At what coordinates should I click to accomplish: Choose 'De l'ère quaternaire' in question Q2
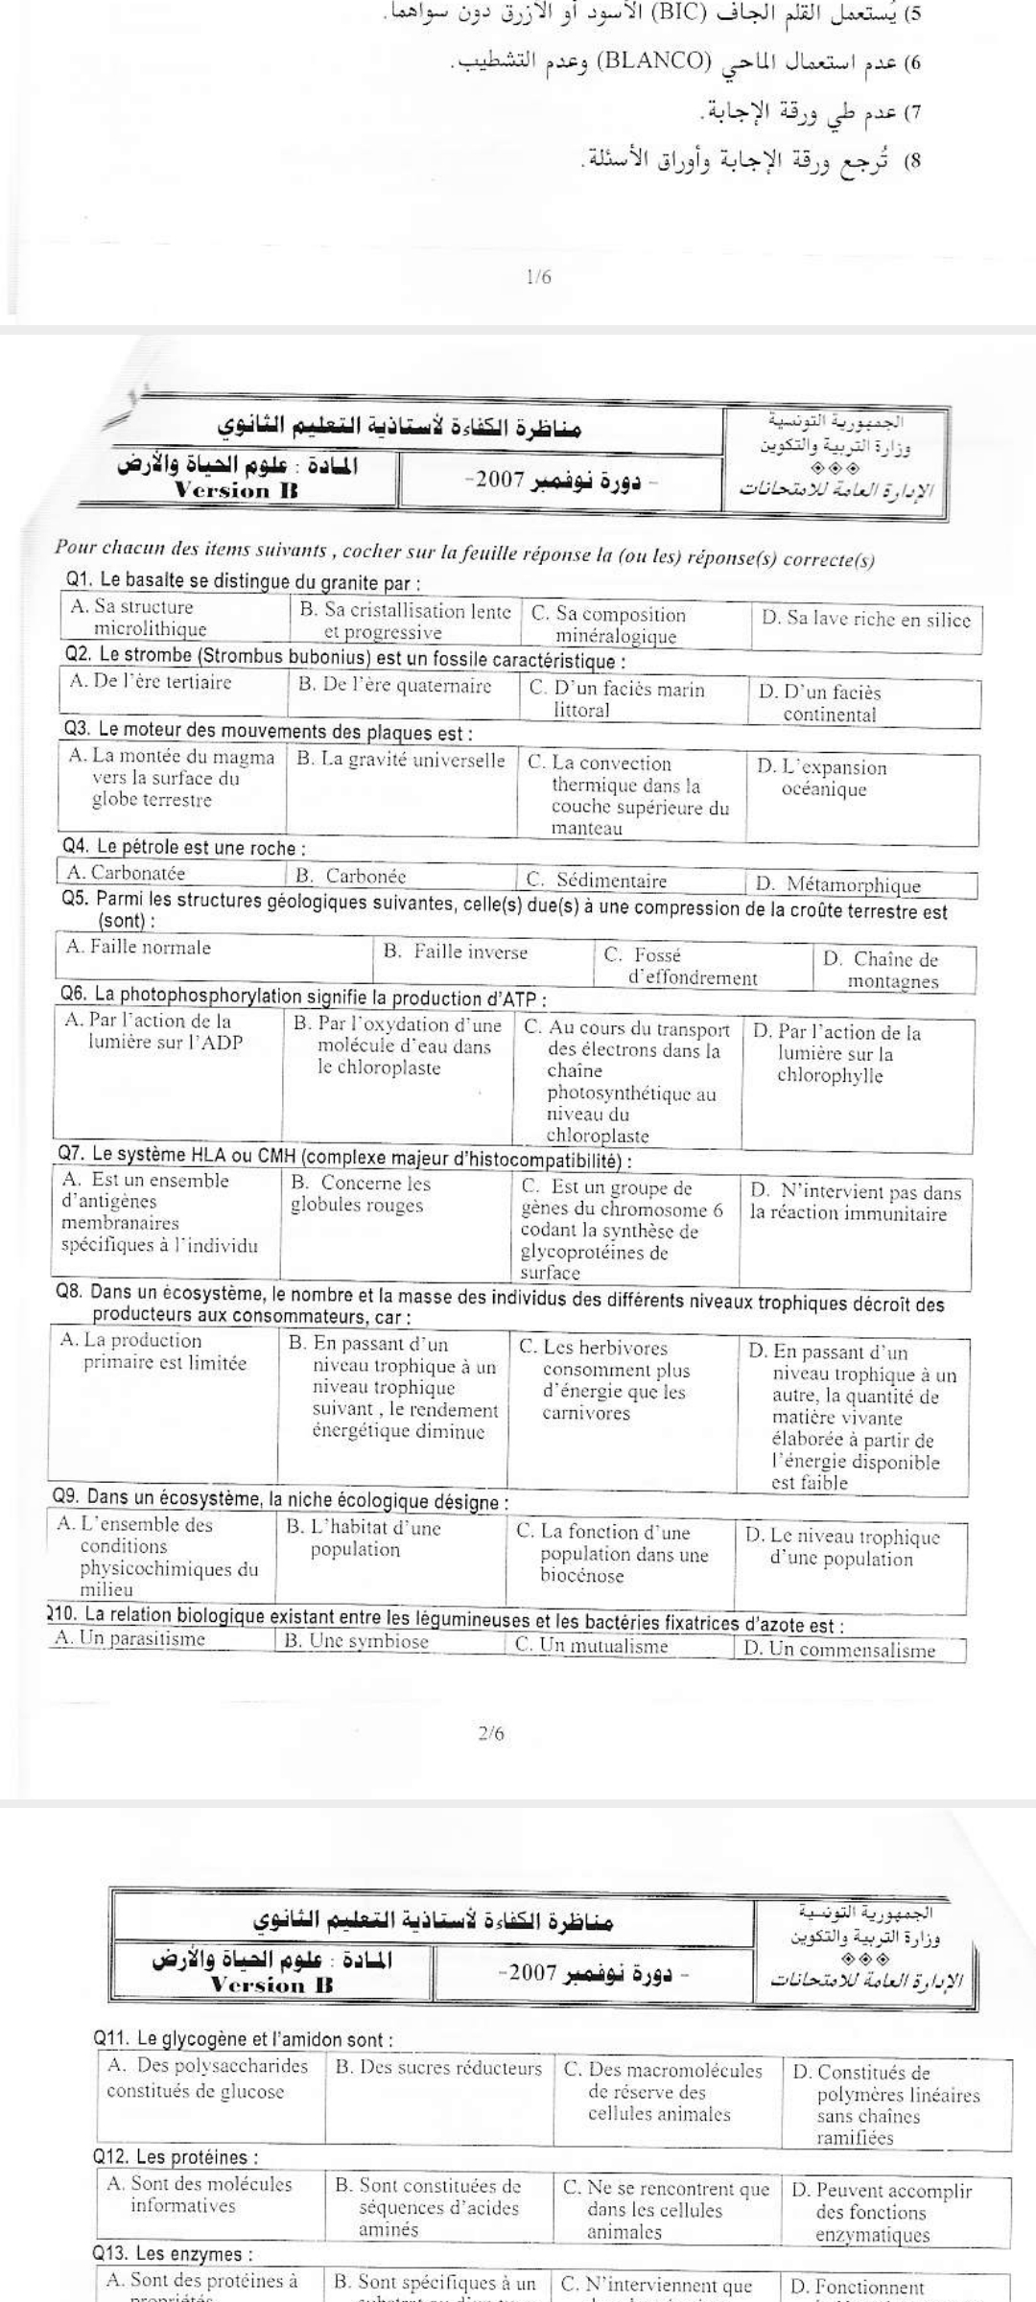[x=394, y=686]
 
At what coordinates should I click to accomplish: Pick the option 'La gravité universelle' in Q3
[x=401, y=761]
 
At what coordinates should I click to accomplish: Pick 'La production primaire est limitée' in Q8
[x=153, y=1351]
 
